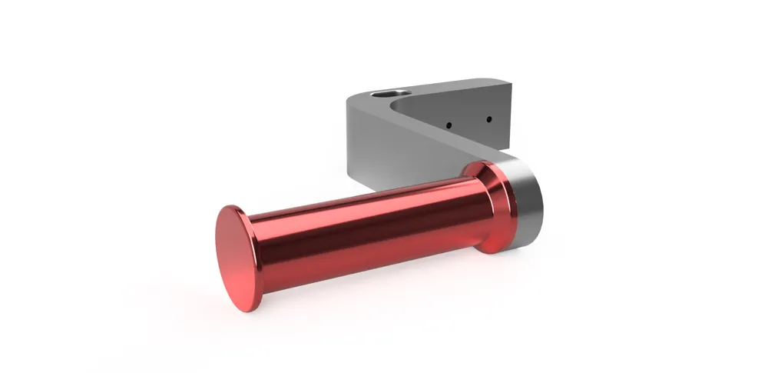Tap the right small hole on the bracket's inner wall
(488, 119)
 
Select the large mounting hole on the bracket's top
(386, 94)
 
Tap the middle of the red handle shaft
(369, 231)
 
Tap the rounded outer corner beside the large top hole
(355, 100)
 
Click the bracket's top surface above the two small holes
(461, 88)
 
